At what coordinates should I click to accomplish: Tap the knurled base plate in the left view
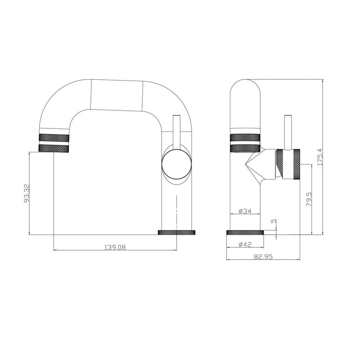(177, 232)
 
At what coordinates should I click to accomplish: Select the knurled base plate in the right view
(244, 232)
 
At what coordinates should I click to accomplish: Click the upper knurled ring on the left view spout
(54, 137)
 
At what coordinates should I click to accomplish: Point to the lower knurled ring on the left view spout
(54, 148)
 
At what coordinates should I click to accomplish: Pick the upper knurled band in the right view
(245, 137)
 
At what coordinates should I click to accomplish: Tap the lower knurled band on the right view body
(245, 148)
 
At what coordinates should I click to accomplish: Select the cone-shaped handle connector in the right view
(260, 165)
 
